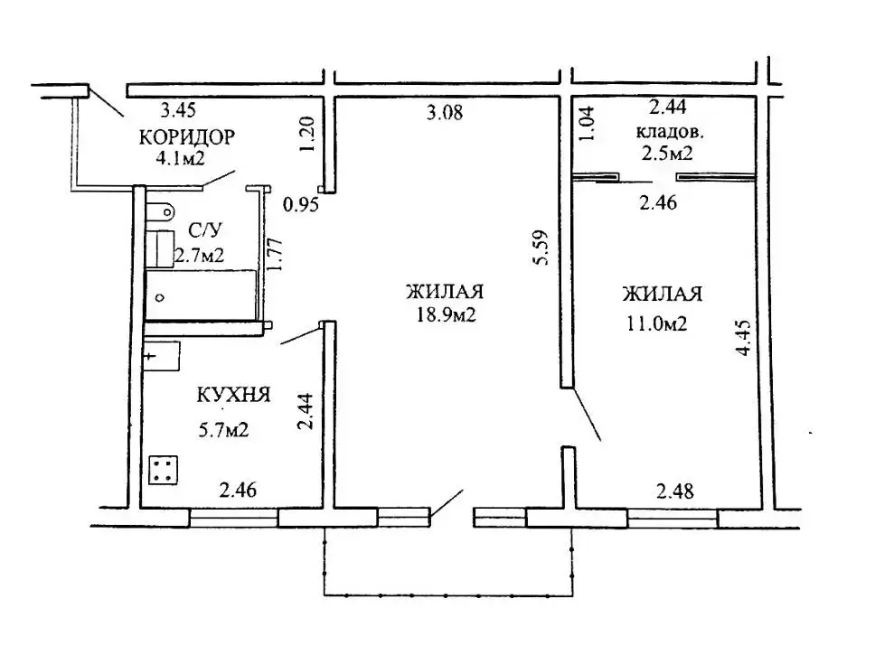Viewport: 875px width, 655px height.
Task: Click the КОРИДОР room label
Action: pos(187,136)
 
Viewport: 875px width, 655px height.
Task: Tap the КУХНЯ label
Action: pos(233,395)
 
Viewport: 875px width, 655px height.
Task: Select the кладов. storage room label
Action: pos(670,132)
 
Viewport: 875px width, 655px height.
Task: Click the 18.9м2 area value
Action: pos(446,315)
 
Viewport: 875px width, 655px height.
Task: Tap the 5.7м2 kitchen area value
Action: pos(223,430)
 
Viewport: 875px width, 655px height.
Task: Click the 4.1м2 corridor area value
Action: pos(180,158)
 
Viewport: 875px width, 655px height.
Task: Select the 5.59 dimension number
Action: pos(541,248)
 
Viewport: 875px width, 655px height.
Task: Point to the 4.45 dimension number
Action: pos(745,338)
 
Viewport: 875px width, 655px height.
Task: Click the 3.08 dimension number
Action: pos(445,113)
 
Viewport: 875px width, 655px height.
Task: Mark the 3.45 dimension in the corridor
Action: pos(178,110)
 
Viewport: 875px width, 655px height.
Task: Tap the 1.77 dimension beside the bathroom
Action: pos(276,255)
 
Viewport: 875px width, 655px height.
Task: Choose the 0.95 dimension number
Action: pos(301,205)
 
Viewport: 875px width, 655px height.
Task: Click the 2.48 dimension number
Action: pos(675,491)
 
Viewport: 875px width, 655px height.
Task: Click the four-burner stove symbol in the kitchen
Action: pos(164,470)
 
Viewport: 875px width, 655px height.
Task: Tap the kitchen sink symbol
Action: pos(162,356)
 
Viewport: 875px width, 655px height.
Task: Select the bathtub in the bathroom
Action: pos(201,295)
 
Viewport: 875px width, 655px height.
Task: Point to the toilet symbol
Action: pos(160,211)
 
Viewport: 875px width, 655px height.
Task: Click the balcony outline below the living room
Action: pos(448,594)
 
